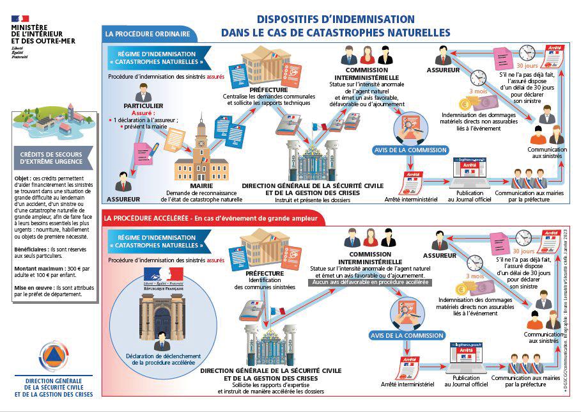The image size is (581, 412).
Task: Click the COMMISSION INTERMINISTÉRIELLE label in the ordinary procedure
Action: click(x=366, y=74)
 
